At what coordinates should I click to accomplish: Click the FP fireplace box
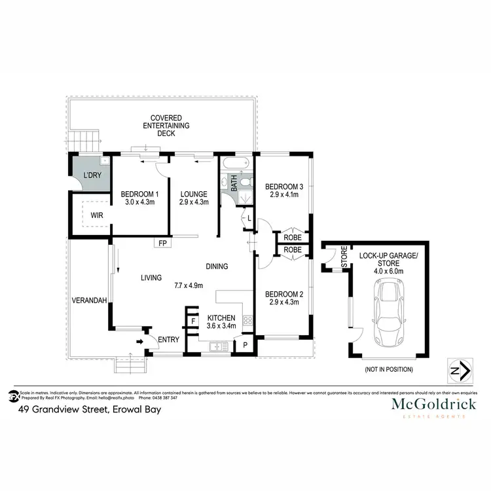[x=162, y=243]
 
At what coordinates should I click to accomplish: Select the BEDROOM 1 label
[x=139, y=194]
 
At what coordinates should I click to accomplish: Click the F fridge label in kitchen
[x=193, y=321]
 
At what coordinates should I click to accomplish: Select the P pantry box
[x=245, y=345]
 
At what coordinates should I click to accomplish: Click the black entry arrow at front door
[x=139, y=342]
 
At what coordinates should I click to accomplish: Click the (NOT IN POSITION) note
[x=388, y=369]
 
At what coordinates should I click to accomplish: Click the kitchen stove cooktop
[x=247, y=321]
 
